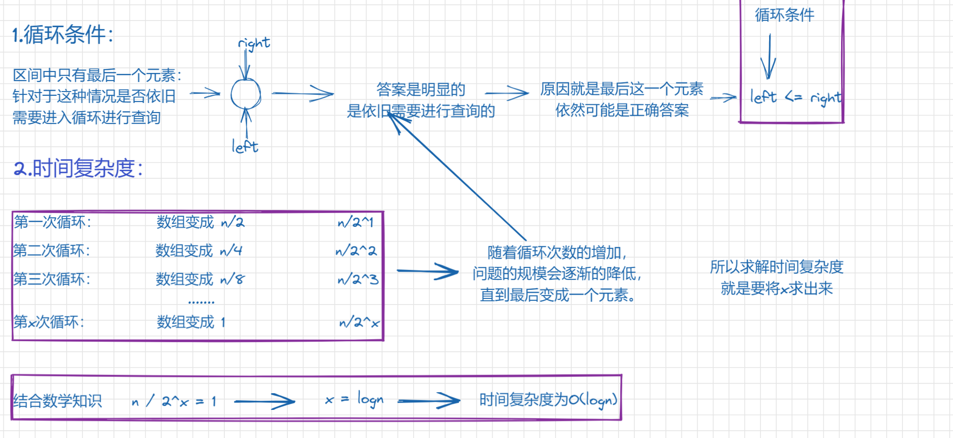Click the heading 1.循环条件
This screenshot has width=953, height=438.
click(63, 35)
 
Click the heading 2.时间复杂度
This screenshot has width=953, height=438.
click(79, 169)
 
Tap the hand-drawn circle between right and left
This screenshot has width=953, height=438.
click(245, 94)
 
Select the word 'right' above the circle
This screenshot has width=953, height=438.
click(254, 44)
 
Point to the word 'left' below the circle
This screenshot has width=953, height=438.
click(245, 146)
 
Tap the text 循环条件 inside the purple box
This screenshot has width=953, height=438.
click(784, 15)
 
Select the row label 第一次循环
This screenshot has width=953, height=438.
click(52, 222)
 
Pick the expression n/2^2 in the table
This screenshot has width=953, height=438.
click(356, 251)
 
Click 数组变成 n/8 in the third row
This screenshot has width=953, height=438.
click(200, 279)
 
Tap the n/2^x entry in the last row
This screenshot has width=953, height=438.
click(359, 323)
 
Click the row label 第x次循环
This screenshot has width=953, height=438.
click(49, 322)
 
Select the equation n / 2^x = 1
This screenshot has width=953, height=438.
click(174, 401)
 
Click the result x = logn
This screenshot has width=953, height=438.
click(354, 399)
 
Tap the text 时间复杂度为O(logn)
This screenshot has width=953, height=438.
click(548, 400)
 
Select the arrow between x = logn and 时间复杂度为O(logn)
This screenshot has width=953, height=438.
click(429, 401)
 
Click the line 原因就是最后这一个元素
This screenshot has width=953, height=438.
click(621, 89)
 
